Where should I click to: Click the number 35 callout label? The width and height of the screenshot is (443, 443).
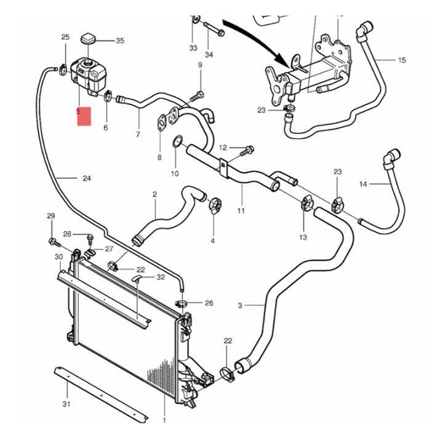point(120,41)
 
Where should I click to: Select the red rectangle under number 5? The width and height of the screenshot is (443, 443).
point(84,116)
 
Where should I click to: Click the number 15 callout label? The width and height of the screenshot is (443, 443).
point(402,60)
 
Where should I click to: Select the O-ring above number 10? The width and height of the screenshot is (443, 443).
point(178,142)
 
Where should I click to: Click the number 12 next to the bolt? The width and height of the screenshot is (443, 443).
point(223,148)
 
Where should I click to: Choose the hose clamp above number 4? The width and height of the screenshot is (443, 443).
point(215,204)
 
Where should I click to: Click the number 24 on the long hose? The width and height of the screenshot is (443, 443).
point(87,178)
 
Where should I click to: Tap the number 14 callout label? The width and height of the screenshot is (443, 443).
point(363,184)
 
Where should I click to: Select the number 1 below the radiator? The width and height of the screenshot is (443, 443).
point(164,421)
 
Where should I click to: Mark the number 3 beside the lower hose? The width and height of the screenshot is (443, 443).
point(240,305)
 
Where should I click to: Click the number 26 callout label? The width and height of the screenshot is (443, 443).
point(209,303)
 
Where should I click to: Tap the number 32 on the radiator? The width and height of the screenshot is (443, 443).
point(161,277)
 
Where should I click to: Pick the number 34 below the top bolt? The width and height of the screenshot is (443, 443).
point(209,55)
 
